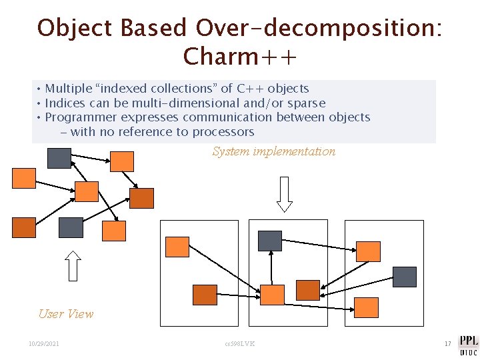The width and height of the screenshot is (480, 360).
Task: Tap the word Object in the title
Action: click(x=75, y=28)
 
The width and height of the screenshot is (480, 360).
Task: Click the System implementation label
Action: click(x=274, y=151)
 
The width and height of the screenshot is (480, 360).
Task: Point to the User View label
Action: click(x=66, y=314)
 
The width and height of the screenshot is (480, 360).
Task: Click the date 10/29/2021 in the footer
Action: click(x=44, y=344)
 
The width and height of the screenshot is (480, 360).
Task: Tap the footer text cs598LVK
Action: click(x=240, y=344)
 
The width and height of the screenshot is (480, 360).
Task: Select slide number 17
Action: click(x=447, y=344)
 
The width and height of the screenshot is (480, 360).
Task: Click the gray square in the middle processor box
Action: click(x=270, y=241)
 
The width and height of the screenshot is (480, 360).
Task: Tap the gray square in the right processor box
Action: click(x=405, y=277)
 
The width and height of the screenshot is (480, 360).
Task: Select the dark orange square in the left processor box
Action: click(x=205, y=295)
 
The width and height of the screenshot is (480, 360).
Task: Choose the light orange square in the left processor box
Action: click(x=177, y=247)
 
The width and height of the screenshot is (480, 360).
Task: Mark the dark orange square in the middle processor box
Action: click(x=308, y=290)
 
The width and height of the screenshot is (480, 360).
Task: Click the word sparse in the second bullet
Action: click(x=307, y=103)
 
